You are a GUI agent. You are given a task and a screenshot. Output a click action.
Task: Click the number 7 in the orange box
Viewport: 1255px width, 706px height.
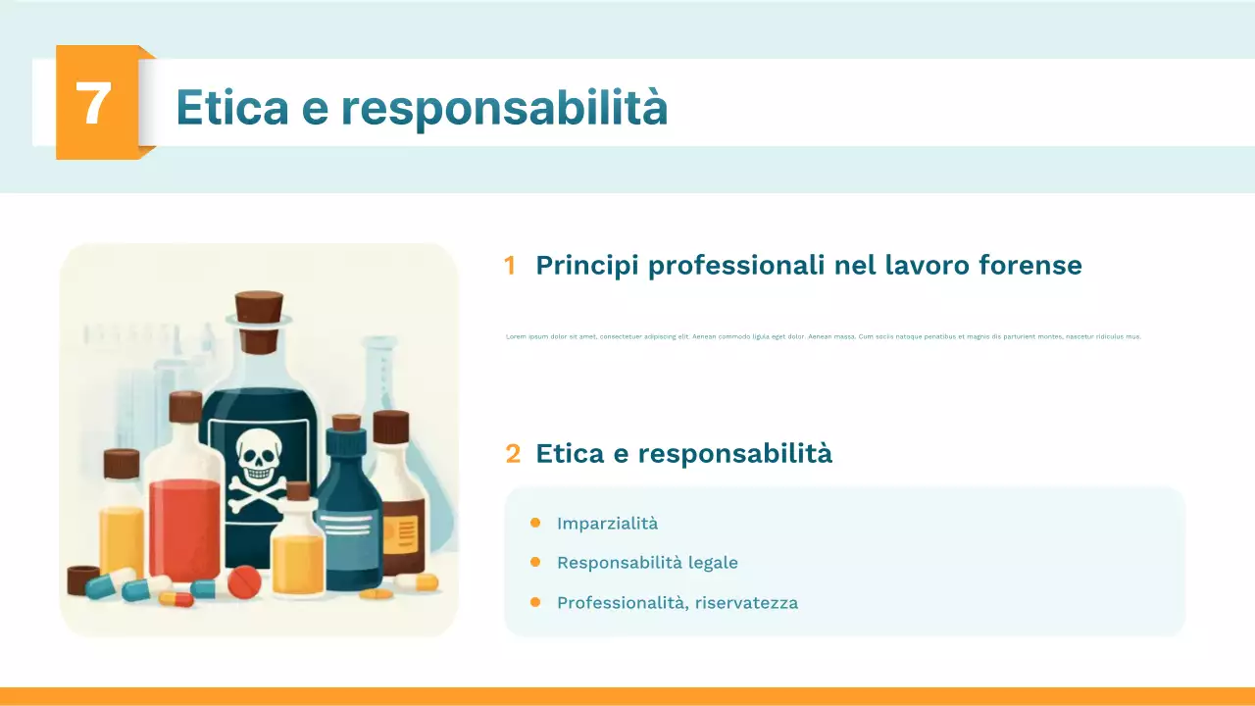93,103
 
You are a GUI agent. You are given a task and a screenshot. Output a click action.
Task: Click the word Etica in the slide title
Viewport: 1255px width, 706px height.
231,107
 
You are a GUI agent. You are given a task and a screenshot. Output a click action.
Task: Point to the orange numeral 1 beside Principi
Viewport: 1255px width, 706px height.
510,266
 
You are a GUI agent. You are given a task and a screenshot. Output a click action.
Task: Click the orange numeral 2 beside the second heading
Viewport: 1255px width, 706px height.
513,453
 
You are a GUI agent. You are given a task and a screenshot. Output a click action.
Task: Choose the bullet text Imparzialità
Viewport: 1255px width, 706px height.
607,524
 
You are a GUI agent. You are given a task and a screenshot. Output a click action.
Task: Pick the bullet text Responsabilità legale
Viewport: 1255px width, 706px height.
647,563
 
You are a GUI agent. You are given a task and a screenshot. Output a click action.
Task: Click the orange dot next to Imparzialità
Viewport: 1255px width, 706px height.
535,523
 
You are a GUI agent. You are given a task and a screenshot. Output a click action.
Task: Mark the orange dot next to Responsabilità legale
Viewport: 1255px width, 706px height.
535,562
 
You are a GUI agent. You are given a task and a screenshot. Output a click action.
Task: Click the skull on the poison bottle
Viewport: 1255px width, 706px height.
258,456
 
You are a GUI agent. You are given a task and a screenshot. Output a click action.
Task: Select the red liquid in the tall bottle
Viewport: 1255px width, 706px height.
184,529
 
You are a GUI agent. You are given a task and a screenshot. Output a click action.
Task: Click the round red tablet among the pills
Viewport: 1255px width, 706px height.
244,584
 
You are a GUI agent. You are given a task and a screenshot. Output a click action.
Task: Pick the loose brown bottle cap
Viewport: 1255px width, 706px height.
83,579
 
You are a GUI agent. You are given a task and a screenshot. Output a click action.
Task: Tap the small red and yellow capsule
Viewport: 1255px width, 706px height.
176,598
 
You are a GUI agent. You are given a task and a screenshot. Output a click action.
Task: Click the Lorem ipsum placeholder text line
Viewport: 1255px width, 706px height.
823,336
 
